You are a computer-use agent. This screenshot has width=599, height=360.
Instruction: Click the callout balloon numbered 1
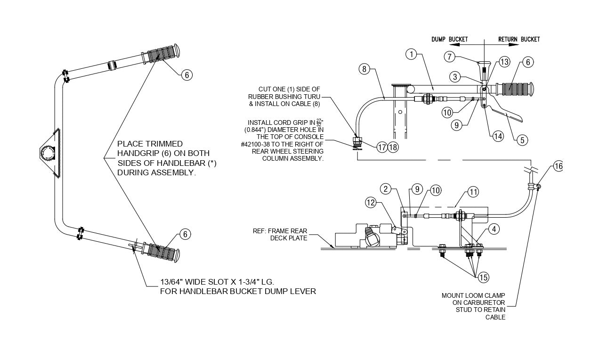pos(412,55)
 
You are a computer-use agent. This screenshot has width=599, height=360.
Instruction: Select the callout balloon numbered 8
pos(364,69)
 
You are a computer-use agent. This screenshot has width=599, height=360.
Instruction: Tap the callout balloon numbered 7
pos(450,56)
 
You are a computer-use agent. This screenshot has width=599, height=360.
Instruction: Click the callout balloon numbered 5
pos(521,139)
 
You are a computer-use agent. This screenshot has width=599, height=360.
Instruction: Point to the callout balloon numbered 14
pos(497,136)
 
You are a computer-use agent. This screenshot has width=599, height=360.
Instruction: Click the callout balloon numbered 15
pos(483,278)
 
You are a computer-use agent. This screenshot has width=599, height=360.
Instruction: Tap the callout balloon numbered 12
pos(371,203)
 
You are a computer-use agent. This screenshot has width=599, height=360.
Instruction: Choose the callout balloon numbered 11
pos(472,192)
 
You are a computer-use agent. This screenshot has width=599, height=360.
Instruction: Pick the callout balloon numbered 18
pos(393,147)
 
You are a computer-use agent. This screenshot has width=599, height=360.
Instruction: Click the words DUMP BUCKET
pos(449,39)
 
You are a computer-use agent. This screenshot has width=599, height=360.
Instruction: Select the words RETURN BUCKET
pos(519,39)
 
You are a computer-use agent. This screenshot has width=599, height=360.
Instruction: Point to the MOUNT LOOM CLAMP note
pos(474,306)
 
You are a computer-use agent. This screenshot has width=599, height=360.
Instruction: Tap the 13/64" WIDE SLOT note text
pos(238,286)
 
